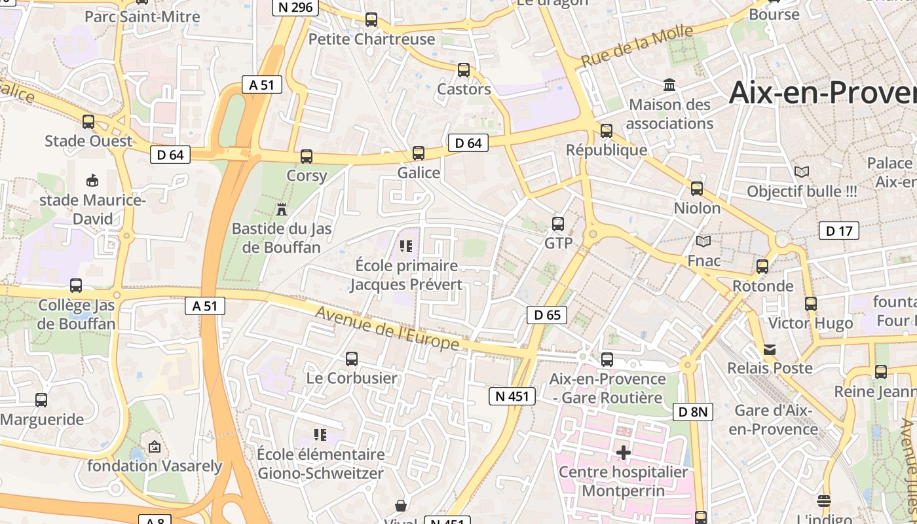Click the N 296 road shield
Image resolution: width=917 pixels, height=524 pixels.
point(295,7)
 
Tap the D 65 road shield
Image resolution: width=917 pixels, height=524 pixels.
point(547,315)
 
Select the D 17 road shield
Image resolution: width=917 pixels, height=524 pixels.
point(839,231)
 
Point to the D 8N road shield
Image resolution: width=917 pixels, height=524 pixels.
point(692,412)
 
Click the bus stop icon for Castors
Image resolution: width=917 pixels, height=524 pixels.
point(464,70)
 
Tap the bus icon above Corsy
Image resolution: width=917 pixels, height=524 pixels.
point(307,157)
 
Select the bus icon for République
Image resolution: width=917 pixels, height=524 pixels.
point(607,131)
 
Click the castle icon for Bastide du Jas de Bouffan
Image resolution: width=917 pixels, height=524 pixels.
point(282,210)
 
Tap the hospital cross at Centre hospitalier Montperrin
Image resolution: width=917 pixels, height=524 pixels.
point(624,452)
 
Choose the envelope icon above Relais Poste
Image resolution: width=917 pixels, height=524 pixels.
point(770,350)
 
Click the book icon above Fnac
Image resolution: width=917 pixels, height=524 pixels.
point(703,242)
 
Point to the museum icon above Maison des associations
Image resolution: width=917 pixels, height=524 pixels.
point(669,85)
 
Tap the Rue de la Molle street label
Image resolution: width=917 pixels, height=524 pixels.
point(637,46)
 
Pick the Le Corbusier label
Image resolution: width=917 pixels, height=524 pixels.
point(352,378)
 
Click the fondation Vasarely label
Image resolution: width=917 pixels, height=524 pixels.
point(155,466)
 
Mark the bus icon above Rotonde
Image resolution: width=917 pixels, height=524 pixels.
point(762,267)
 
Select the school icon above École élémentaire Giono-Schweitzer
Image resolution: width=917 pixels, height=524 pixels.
point(320,434)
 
